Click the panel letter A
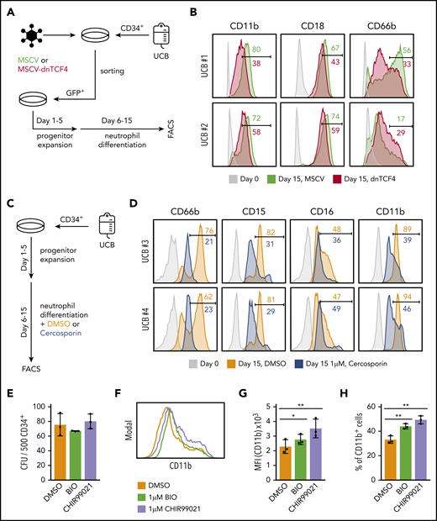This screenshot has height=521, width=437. [x=9, y=11]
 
